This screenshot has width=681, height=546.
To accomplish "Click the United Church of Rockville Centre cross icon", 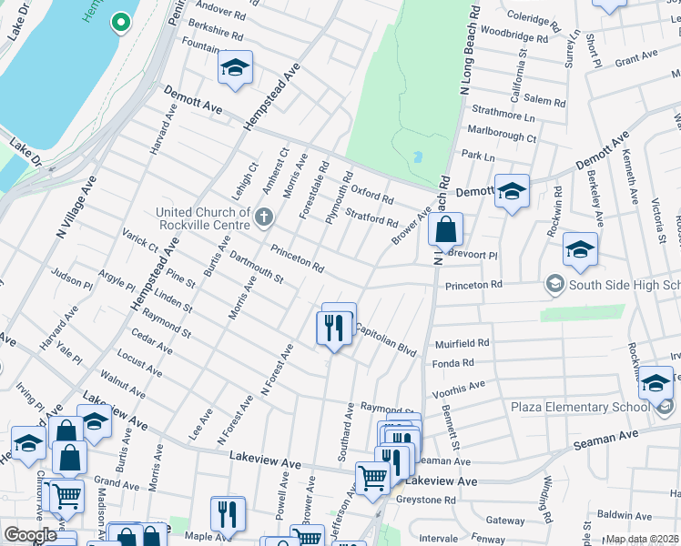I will (264, 217).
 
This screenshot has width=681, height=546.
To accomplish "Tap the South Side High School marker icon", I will (554, 286).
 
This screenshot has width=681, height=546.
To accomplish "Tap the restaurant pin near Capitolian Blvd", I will (334, 329).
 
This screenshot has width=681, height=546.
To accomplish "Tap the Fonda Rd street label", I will (454, 363).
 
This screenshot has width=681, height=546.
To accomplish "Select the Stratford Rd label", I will (371, 217).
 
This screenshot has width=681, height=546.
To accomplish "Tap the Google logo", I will (30, 535).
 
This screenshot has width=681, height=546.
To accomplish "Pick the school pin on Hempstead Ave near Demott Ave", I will (235, 68).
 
